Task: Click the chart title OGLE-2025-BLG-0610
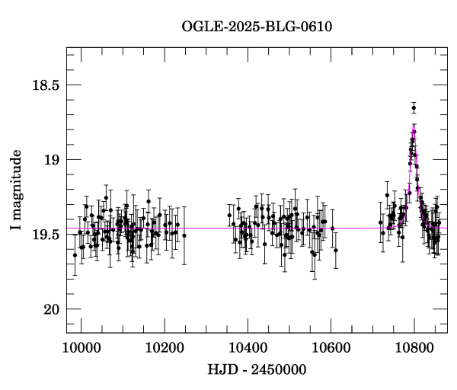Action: coord(257,27)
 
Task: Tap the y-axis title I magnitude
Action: coord(16,190)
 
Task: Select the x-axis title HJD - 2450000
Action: coord(257,369)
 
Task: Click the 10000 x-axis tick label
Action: coord(81,348)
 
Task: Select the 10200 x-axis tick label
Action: coord(165,348)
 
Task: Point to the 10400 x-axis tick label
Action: coord(248,348)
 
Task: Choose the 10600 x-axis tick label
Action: coord(331,348)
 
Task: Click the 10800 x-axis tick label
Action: coord(414,348)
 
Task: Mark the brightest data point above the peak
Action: coord(414,108)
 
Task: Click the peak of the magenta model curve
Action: coord(414,125)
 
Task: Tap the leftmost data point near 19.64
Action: coord(75,255)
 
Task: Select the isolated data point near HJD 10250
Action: coord(184,235)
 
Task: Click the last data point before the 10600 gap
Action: coord(336,250)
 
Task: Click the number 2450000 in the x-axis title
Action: coord(279,369)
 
